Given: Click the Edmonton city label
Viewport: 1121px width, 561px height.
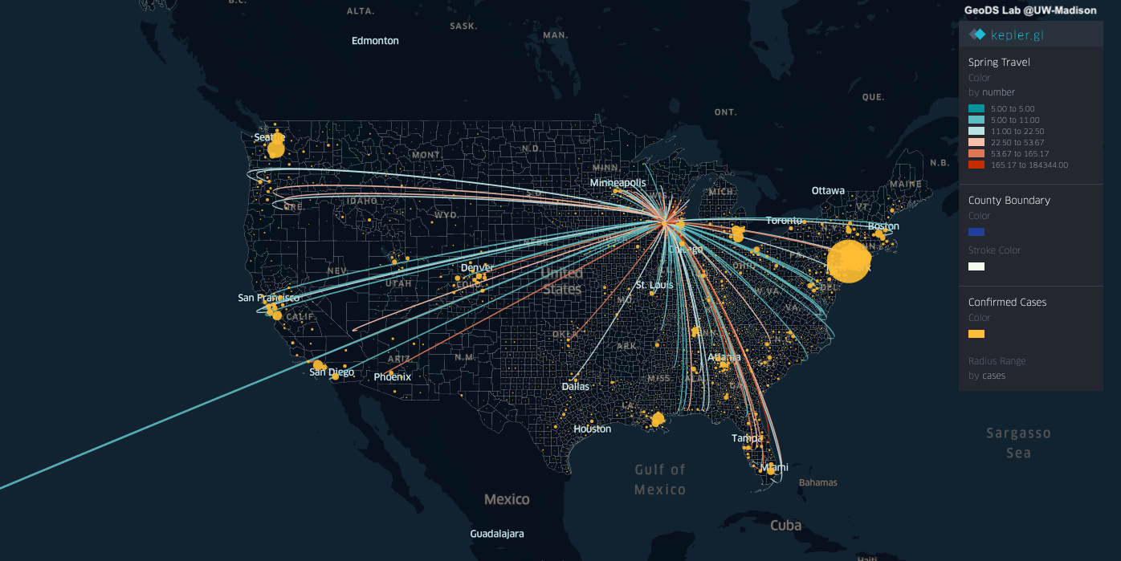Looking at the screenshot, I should (375, 41).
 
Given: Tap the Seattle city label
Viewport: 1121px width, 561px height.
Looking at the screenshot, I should (269, 137).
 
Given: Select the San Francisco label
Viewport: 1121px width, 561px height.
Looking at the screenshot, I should (268, 298).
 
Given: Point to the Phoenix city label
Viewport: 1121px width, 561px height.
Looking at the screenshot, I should (393, 376).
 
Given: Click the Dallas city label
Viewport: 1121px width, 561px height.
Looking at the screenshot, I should (575, 386).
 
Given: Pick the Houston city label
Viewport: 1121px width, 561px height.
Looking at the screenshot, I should (592, 429).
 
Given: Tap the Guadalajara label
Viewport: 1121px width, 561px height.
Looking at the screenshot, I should (497, 534).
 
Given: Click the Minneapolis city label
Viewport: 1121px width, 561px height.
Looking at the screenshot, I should (618, 183).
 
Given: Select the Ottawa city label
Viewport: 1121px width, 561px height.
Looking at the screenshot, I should (828, 191).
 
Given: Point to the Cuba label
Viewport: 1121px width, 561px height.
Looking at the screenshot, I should (785, 526).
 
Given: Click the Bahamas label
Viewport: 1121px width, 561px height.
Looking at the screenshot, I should (818, 482).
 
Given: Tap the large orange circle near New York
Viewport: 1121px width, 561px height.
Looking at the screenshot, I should (848, 261).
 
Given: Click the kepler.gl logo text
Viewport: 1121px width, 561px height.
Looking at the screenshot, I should (1017, 35).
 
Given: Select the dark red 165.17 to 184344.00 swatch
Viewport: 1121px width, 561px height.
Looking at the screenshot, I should (976, 165).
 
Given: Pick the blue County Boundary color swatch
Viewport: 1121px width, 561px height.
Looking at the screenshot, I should (976, 232).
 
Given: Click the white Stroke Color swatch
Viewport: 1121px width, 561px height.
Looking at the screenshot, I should (976, 266).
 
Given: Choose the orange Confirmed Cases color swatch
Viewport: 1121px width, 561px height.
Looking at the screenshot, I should (976, 334).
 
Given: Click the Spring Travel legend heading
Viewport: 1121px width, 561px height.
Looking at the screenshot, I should (999, 62).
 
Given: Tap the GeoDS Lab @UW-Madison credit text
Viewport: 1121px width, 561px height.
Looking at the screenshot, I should (1030, 10).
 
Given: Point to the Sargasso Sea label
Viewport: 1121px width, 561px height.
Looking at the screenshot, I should (1018, 443).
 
